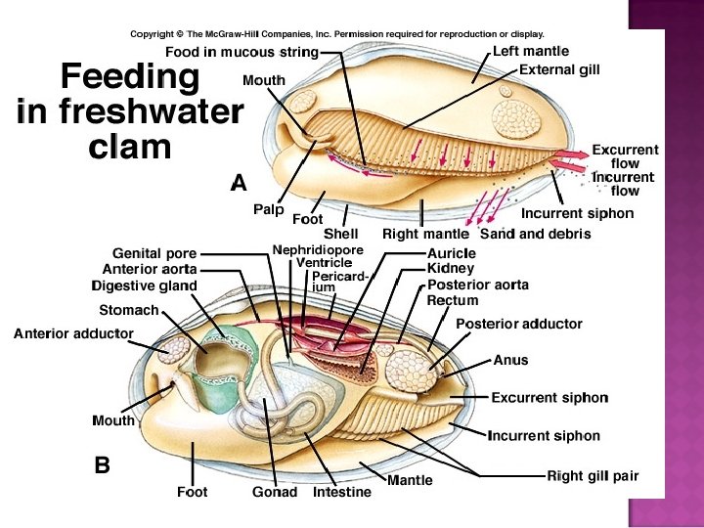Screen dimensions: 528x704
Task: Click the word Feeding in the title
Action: [x=130, y=78]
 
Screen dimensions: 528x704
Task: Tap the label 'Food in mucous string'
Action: [x=242, y=52]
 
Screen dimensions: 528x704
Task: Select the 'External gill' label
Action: [x=559, y=69]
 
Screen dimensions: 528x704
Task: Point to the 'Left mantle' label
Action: [x=530, y=51]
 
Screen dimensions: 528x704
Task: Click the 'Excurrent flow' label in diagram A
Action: [x=625, y=157]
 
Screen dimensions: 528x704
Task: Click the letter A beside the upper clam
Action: [x=239, y=182]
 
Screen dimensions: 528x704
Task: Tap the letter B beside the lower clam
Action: [x=102, y=466]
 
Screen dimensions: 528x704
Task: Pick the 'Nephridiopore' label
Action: [x=318, y=250]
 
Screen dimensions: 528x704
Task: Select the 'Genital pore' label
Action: [x=154, y=253]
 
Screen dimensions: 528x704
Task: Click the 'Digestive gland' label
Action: [x=144, y=286]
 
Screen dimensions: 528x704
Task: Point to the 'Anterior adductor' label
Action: [x=73, y=333]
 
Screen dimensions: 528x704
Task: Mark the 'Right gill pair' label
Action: [x=592, y=476]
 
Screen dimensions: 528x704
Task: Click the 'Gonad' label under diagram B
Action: [x=274, y=492]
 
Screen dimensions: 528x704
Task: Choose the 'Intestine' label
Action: [x=341, y=492]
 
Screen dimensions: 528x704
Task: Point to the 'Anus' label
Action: [x=509, y=360]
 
